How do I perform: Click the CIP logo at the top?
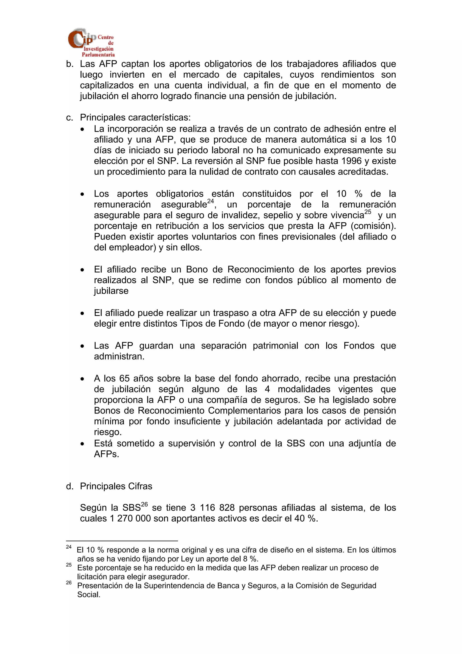[91, 42]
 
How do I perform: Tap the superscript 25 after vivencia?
[368, 212]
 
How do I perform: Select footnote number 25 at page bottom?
[69, 565]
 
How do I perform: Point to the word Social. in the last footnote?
[89, 595]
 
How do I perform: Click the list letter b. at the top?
[69, 64]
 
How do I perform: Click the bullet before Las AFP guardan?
[82, 346]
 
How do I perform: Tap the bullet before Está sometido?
[82, 444]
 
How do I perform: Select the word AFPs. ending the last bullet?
[106, 454]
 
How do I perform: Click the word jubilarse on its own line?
[111, 291]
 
